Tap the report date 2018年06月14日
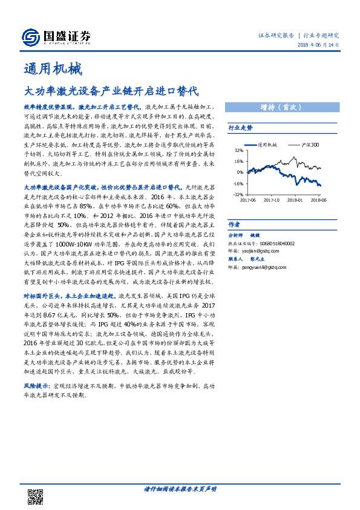click(x=318, y=45)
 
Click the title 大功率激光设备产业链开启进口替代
click(x=110, y=92)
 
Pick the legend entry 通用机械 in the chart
click(x=267, y=145)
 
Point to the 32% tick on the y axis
click(x=239, y=151)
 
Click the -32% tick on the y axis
click(x=238, y=194)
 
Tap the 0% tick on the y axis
click(x=240, y=173)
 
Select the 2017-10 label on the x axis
click(x=272, y=199)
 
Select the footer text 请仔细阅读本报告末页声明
click(x=180, y=488)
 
